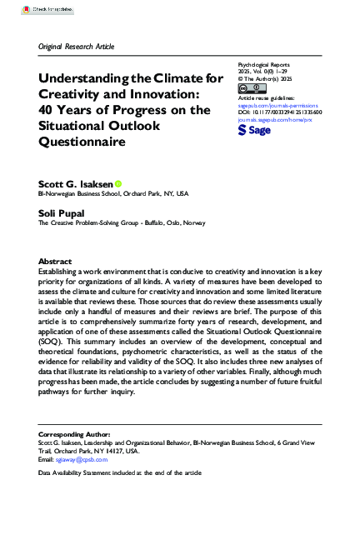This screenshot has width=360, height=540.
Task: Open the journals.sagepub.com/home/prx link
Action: (276, 118)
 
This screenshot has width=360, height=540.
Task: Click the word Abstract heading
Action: (55, 262)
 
